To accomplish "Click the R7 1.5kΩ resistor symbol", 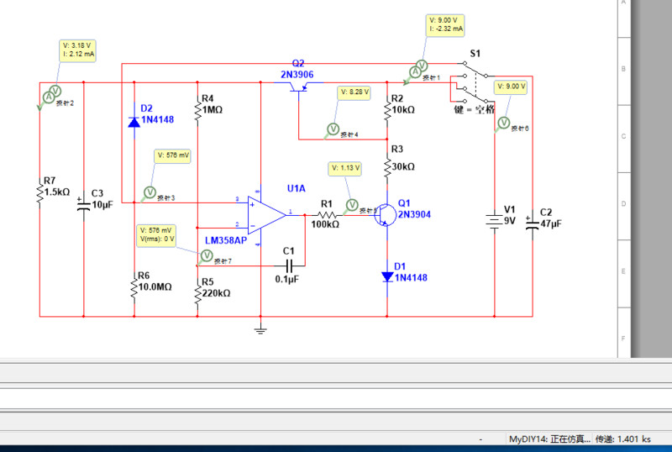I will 39,192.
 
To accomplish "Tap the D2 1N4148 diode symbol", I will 134,122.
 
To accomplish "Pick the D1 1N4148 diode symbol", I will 386,276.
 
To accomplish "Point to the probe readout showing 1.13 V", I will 345,168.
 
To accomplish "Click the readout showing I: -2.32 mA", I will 446,24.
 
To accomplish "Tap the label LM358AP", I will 226,241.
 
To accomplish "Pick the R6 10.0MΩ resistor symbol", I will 134,287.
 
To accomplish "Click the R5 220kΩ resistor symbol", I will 197,293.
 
